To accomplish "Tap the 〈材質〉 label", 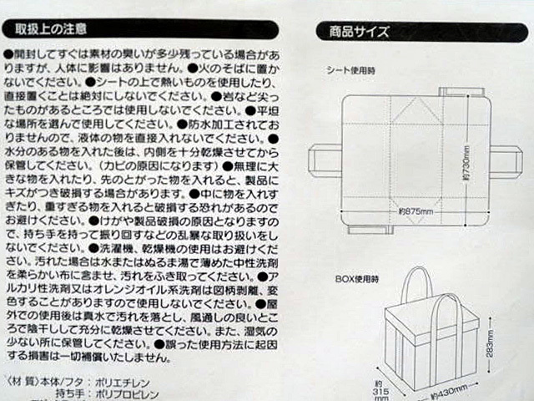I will pyautogui.click(x=24, y=377).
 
